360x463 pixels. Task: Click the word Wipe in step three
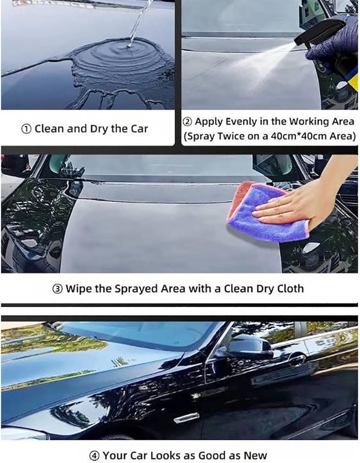78,289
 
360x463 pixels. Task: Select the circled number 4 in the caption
94,456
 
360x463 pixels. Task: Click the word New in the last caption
255,456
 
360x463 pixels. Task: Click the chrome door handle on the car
186,417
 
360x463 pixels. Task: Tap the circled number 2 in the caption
187,122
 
